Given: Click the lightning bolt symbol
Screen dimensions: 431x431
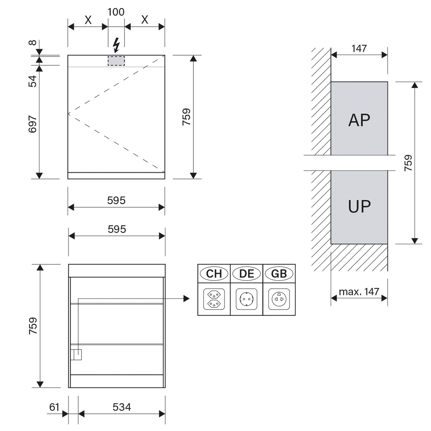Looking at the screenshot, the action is coord(116,45).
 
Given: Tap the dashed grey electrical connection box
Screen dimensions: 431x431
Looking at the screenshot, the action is coord(116,61).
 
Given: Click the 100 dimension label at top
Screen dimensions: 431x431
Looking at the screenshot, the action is coord(116,12).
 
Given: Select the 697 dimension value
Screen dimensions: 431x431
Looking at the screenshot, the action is coord(33,124).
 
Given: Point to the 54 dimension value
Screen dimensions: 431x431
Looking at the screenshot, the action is coord(33,81).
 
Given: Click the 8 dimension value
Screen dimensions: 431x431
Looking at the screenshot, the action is coord(33,43).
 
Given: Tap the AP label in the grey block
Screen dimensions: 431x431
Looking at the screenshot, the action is coord(359,120).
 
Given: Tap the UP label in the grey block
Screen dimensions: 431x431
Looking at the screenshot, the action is coord(359,206).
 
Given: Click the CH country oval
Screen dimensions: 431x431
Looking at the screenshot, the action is coord(214,274).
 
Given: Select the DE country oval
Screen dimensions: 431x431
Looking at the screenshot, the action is coord(247,274).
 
